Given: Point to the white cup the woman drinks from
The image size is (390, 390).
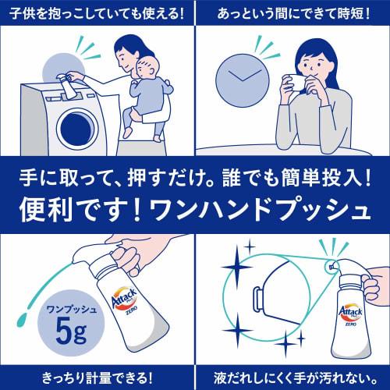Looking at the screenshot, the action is tap(296, 83).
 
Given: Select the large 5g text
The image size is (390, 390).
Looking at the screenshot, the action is tap(71, 331).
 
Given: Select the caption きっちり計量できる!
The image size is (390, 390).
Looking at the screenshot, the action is tap(97, 378).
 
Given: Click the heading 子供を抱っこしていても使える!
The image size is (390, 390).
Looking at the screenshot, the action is tap(97, 13).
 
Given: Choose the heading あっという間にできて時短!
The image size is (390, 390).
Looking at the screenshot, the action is tap(293, 13).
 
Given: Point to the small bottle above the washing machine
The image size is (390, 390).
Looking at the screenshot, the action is tap(67, 86).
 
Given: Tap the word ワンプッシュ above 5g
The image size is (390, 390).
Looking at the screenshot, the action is tap(71, 310).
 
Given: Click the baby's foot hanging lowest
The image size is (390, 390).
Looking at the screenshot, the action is tap(158, 137).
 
